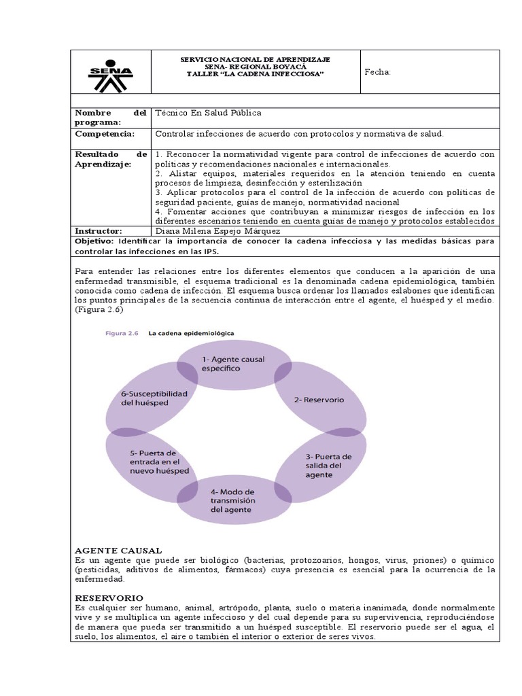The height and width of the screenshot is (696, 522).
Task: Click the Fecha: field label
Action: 378,72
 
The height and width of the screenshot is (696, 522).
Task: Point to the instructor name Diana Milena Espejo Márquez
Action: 213,231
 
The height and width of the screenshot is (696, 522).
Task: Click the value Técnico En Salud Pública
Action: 208,113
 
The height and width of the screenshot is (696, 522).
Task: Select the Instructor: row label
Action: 98,231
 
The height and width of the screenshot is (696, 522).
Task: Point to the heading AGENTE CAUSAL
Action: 118,549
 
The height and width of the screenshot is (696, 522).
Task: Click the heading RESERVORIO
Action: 109,597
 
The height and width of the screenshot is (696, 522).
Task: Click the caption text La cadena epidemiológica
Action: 191,334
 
